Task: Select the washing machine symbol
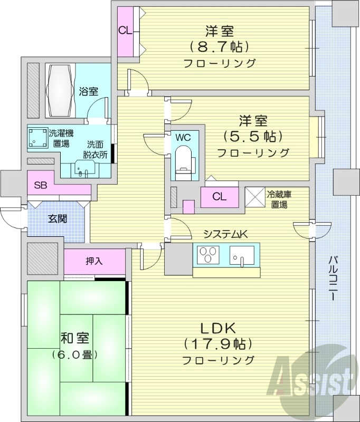tap(37, 137)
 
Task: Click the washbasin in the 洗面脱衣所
tap(80, 170)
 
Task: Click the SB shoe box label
tap(40, 185)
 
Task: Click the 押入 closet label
tap(94, 261)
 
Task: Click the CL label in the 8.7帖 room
tap(125, 30)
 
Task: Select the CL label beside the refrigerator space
tap(219, 197)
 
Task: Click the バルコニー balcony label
tap(333, 278)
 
